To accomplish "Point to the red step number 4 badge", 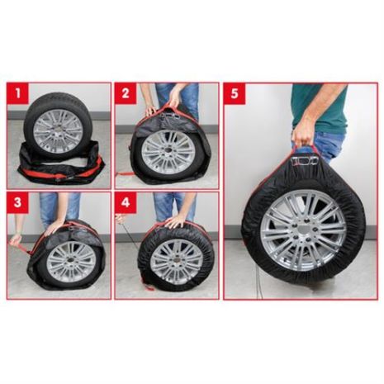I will (x=125, y=202).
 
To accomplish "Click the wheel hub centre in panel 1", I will (x=59, y=130).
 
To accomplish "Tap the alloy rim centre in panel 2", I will (x=168, y=151).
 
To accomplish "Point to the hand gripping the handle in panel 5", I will (x=303, y=133).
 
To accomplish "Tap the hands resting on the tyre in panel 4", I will (x=175, y=221).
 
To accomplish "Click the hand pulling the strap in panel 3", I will (x=15, y=239).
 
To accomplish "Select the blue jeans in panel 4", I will (x=165, y=206).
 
